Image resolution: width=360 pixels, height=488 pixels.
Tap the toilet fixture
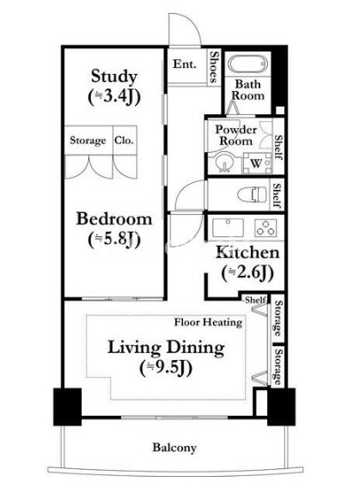click(x=252, y=195)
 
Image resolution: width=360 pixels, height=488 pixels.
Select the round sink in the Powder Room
click(x=223, y=162)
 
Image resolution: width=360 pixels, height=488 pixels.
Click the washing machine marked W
click(x=257, y=162)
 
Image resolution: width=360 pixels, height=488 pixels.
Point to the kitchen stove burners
click(x=265, y=227)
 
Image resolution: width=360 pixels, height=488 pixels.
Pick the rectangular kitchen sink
click(x=228, y=227)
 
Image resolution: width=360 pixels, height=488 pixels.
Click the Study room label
click(x=114, y=76)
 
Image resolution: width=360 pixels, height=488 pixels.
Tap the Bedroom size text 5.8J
click(x=114, y=240)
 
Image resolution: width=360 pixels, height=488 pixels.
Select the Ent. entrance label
click(x=185, y=64)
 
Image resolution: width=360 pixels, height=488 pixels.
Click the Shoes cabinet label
click(x=214, y=67)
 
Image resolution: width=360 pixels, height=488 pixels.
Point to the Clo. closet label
click(x=124, y=140)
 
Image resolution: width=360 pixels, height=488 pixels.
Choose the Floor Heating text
click(x=208, y=322)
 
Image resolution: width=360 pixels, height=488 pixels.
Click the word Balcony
click(x=174, y=448)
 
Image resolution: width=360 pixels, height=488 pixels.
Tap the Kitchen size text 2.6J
click(x=247, y=273)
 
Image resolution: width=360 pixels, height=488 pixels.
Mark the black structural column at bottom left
click(x=68, y=406)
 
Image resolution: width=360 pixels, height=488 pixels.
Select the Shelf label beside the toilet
click(x=277, y=195)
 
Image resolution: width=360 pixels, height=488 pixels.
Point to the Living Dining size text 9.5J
click(x=166, y=369)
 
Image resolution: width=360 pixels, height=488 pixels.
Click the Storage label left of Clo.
click(x=88, y=141)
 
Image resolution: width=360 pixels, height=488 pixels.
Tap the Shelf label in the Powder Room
click(x=278, y=147)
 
